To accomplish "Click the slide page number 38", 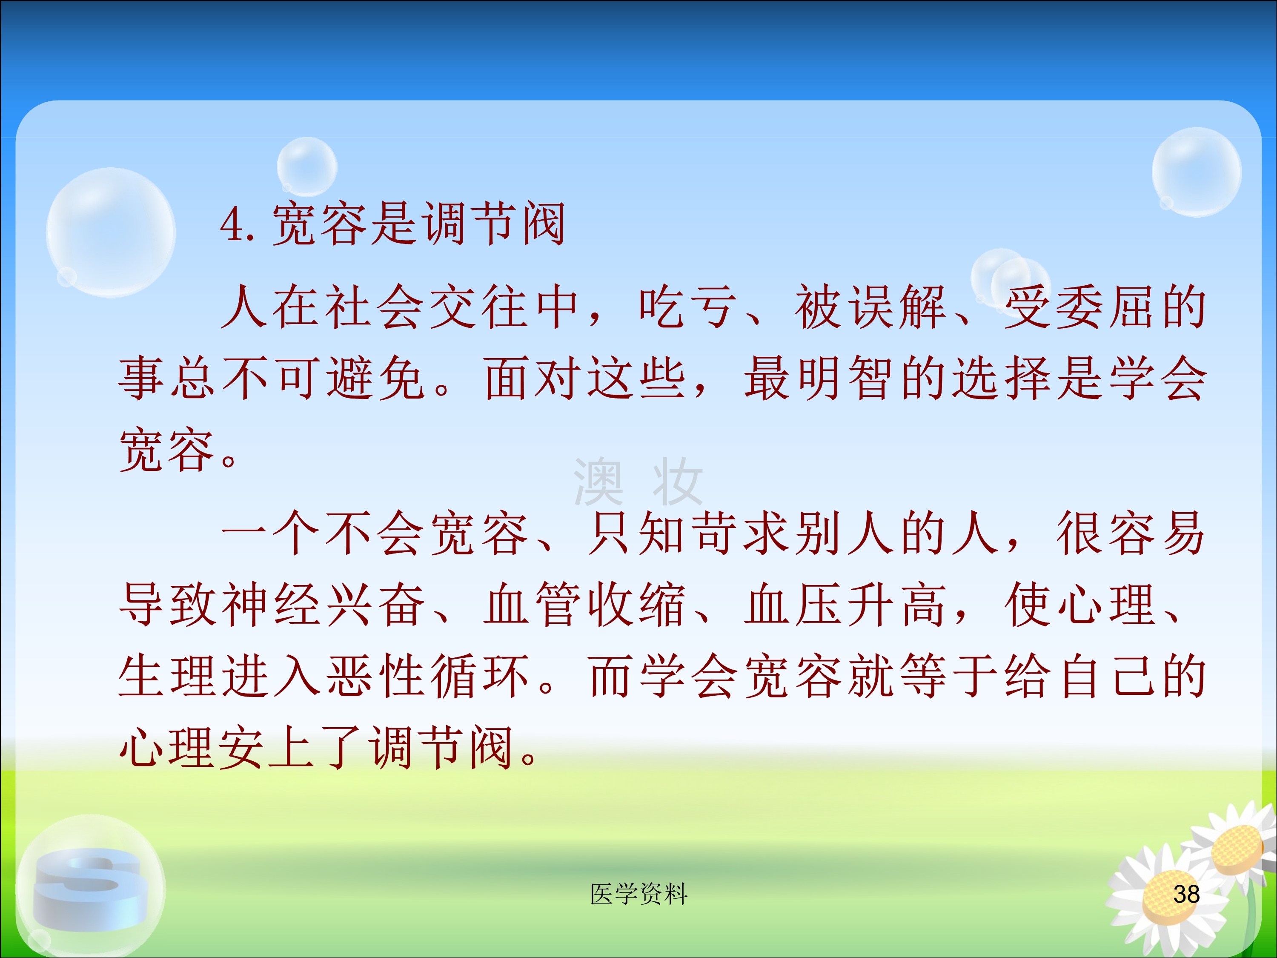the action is (x=1186, y=894).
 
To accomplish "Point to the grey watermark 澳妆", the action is (x=638, y=481).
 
